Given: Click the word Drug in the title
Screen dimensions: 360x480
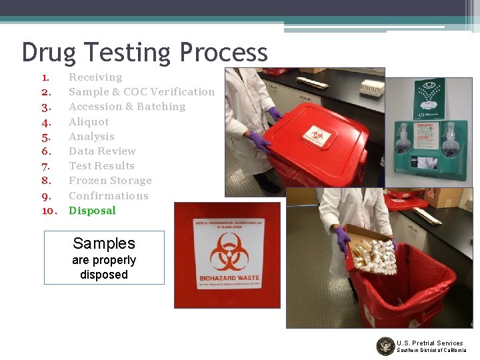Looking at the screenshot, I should click(x=47, y=53).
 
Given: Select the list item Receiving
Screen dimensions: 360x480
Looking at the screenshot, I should click(x=95, y=77).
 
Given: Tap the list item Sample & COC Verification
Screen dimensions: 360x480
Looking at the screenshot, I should click(x=141, y=92).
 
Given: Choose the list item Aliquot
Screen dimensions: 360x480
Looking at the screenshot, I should click(x=89, y=122).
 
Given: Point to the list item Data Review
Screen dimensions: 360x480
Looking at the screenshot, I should click(x=102, y=151).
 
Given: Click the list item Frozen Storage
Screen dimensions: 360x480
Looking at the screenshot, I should click(x=110, y=181).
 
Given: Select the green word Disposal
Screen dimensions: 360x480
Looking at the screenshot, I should click(x=92, y=211).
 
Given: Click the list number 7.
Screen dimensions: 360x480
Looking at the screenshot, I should click(x=46, y=166).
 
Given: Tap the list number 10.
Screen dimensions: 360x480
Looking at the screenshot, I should click(x=48, y=211).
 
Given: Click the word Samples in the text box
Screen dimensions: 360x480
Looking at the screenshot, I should click(x=104, y=243).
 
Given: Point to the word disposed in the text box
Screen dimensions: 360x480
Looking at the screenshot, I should click(x=104, y=274).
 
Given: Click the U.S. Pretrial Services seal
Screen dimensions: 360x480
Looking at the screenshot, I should click(x=385, y=346).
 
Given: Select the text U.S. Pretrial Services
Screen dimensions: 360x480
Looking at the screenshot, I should click(x=429, y=343).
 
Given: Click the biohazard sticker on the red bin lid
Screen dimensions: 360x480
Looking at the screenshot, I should click(x=317, y=137).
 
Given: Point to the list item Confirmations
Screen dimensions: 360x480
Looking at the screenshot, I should click(x=109, y=196).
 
